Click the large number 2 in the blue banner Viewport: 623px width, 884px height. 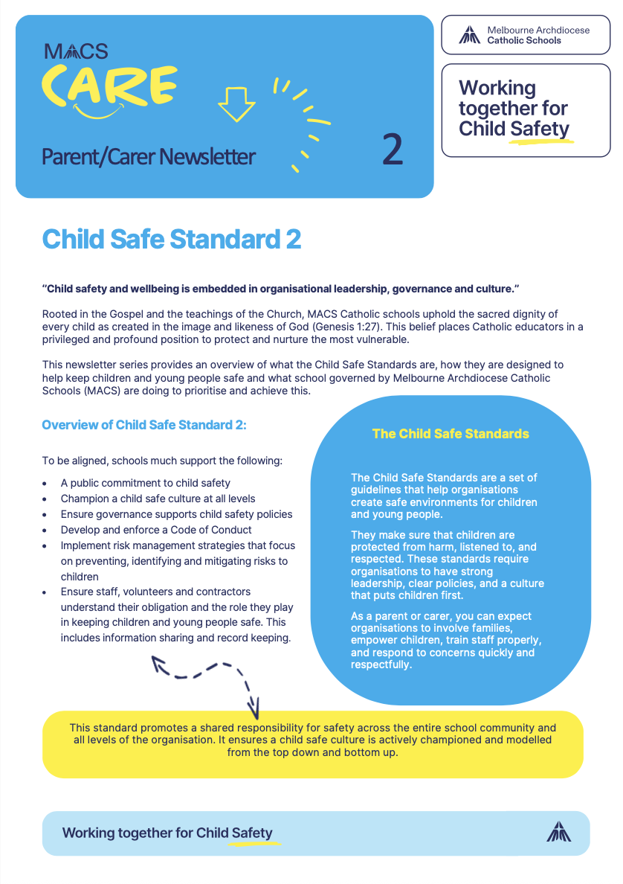click(393, 150)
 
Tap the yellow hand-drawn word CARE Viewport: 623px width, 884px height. click(109, 84)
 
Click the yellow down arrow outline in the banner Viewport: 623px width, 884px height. click(236, 101)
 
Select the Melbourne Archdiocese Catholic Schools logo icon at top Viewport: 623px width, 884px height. click(468, 35)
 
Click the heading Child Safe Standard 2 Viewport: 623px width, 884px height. click(172, 239)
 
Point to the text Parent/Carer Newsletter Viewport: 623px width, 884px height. click(149, 156)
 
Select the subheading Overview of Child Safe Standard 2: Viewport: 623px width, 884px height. click(143, 425)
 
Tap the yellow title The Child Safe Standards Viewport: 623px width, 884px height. click(451, 434)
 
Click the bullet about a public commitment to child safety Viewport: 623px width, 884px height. click(146, 483)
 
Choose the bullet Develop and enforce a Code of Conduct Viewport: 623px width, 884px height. click(156, 530)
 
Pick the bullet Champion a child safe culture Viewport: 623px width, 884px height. click(158, 499)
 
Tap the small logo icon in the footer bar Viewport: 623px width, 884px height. click(558, 832)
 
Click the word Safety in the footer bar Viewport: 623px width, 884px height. click(252, 833)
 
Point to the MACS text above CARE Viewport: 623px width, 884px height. click(76, 51)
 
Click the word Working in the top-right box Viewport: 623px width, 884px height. click(497, 88)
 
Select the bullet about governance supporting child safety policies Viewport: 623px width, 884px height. click(176, 514)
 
